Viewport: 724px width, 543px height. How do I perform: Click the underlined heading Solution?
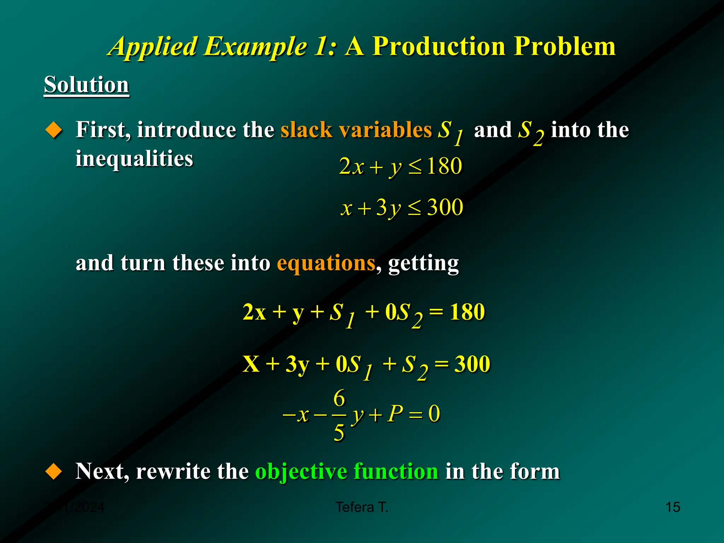[x=86, y=85]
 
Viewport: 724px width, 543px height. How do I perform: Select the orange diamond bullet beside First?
[x=54, y=130]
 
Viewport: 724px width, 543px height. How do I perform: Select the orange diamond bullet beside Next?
[x=54, y=472]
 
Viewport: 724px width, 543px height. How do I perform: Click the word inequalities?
[x=134, y=158]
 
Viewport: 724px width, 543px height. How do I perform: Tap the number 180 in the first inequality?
[x=444, y=166]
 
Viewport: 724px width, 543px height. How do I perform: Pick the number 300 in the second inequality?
[x=445, y=207]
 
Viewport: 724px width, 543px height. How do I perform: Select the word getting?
[x=423, y=264]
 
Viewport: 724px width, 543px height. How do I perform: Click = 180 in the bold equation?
[x=457, y=312]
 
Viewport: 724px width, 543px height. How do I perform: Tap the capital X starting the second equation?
[x=251, y=364]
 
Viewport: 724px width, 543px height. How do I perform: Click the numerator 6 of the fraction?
[x=339, y=398]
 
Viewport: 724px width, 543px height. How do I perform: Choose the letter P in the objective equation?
[x=395, y=413]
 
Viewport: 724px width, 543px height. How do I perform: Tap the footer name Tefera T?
[x=362, y=507]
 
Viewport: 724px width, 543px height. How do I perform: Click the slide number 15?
[x=673, y=507]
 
